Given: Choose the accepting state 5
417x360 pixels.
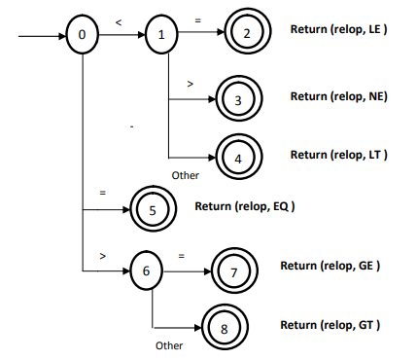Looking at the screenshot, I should [x=153, y=208].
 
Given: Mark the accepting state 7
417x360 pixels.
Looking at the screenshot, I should [x=233, y=271].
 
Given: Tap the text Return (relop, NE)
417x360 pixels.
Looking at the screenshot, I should [x=339, y=97].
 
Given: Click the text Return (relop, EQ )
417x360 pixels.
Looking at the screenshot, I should [x=244, y=206].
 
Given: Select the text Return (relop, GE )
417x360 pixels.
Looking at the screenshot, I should [x=330, y=265].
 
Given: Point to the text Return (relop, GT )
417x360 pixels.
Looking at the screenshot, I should [x=330, y=323].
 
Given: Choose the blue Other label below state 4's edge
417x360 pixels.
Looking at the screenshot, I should [x=185, y=175].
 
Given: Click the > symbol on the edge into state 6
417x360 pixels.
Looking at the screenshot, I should [x=102, y=256].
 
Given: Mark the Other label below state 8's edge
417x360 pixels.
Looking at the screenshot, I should [x=169, y=345].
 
